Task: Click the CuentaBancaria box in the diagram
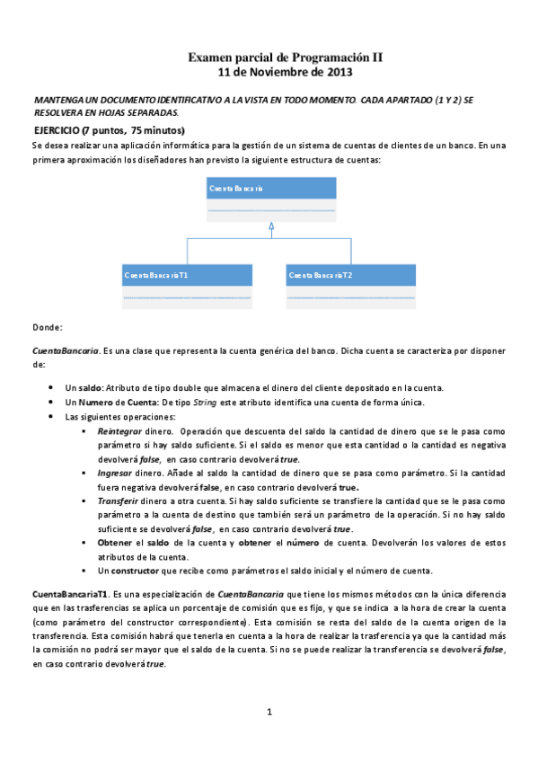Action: [x=271, y=199]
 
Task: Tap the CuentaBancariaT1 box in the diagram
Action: [x=187, y=286]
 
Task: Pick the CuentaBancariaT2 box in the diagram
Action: [x=351, y=286]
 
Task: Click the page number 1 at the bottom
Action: [x=269, y=713]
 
